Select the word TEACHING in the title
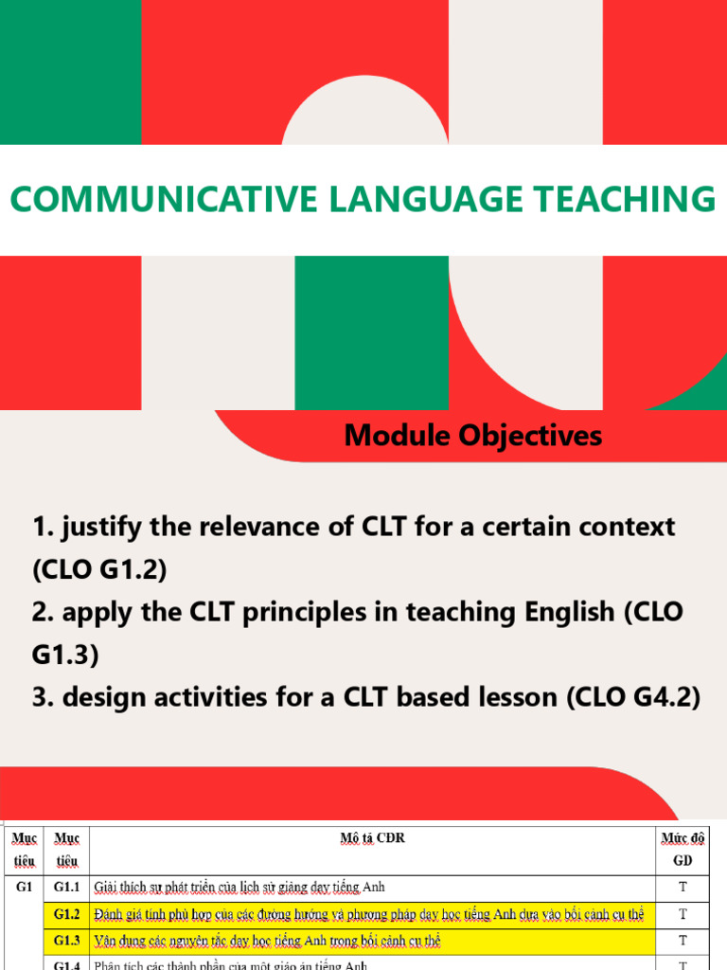click(x=588, y=200)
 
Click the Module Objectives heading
click(x=472, y=436)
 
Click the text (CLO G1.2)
click(x=99, y=569)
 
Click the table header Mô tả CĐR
click(x=372, y=838)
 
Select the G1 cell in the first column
click(x=23, y=888)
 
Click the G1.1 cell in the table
click(x=66, y=888)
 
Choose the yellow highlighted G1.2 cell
click(x=66, y=914)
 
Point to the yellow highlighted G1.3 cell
click(x=66, y=941)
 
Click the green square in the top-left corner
click(x=70, y=72)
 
